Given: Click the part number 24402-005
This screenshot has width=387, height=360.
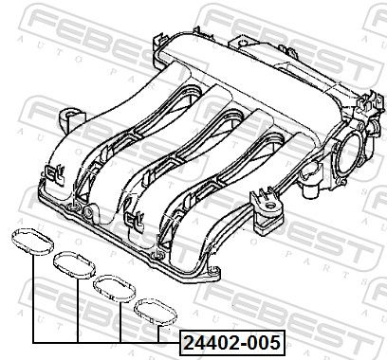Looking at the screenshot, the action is click(x=232, y=342).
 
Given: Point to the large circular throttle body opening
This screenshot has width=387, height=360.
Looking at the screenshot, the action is click(x=349, y=153).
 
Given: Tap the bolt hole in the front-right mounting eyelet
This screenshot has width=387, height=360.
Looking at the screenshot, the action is click(x=270, y=207).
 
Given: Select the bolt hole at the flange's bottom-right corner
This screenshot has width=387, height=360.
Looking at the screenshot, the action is click(x=214, y=271).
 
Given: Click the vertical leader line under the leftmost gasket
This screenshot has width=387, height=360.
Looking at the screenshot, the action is click(x=33, y=298).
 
